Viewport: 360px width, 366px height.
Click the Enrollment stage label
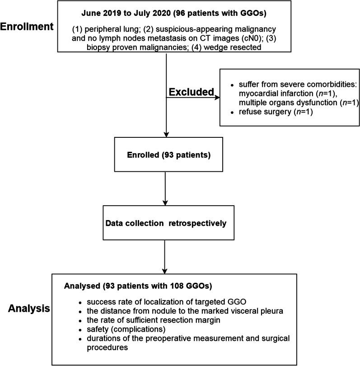click(27, 27)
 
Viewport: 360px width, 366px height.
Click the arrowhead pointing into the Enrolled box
click(167, 134)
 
